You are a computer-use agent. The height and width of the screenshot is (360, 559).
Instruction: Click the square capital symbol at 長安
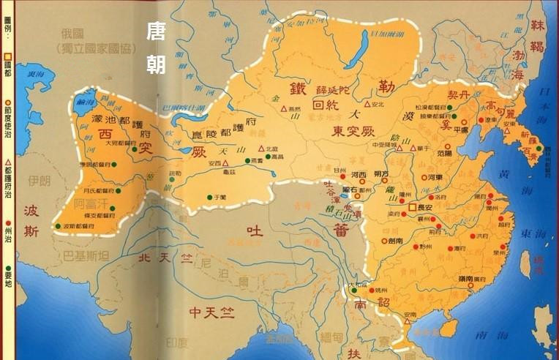click(x=412, y=208)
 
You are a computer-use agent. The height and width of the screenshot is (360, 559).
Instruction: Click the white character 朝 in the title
click(x=155, y=64)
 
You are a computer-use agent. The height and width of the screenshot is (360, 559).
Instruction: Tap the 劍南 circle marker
click(x=384, y=239)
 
